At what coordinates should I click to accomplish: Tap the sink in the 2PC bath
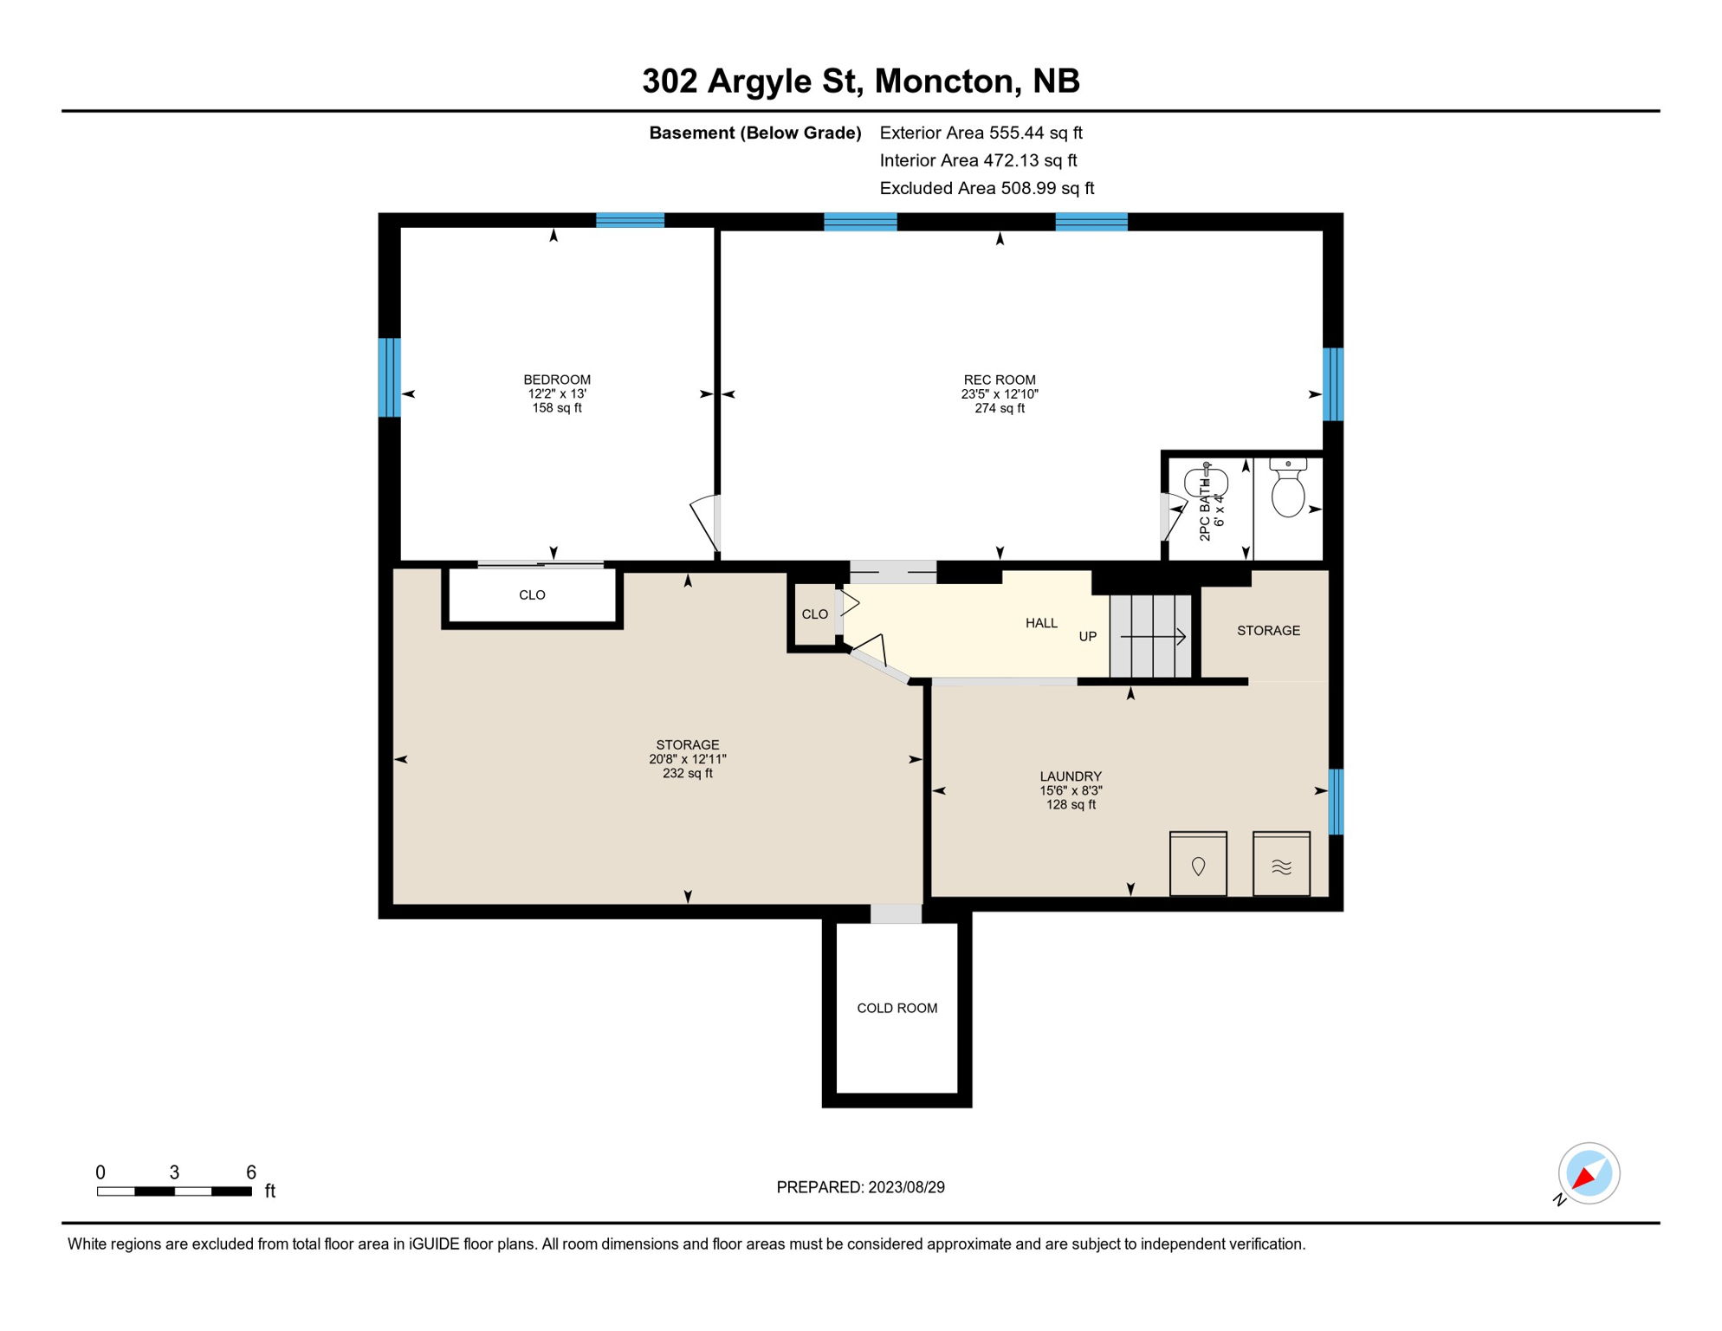coord(1206,482)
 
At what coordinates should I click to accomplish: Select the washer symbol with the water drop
coord(1198,865)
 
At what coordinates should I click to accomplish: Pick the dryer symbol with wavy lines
coord(1281,865)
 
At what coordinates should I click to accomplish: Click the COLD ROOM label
coord(897,1008)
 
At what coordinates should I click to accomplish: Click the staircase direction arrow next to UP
coord(1153,637)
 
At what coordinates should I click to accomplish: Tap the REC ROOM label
coord(999,380)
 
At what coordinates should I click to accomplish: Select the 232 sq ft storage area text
coord(687,773)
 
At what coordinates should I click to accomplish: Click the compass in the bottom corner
coord(1589,1173)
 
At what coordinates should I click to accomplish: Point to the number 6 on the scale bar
coord(251,1172)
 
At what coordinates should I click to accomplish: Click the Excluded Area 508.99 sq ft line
coord(987,188)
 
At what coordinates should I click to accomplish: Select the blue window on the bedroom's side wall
coord(389,377)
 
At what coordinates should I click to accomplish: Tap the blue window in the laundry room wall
coord(1336,802)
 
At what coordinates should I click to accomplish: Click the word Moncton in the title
coord(944,81)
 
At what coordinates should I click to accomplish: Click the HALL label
coord(1041,623)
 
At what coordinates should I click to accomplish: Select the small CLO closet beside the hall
coord(814,614)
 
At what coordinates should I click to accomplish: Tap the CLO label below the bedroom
coord(532,595)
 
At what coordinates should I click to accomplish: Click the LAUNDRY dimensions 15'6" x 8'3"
coord(1071,790)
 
